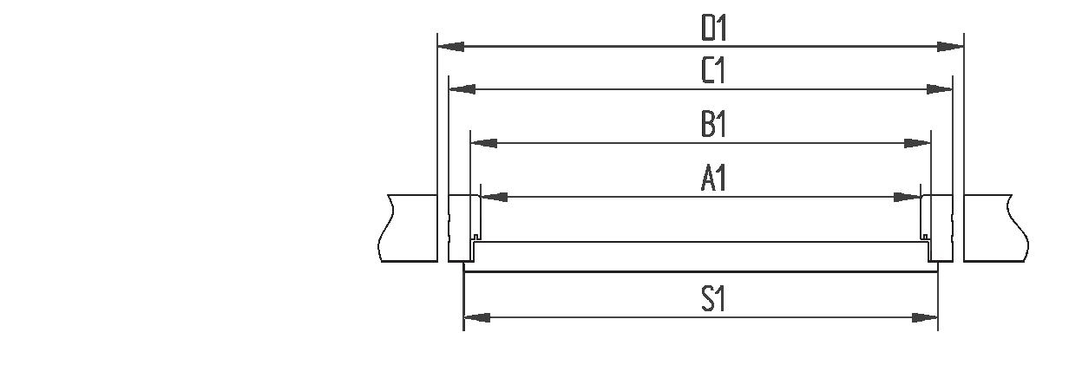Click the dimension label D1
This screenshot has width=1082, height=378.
713,29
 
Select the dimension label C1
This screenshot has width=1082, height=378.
713,72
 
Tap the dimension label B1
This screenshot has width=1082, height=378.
713,125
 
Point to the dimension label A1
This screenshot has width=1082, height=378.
713,179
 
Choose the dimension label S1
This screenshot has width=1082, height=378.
713,300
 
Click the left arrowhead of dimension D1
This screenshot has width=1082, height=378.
450,46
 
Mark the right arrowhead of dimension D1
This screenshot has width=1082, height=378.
951,46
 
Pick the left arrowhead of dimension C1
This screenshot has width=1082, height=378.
462,88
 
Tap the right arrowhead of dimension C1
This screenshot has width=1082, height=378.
940,88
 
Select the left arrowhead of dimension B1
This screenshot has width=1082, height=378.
483,142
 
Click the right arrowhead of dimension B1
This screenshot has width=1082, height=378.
918,142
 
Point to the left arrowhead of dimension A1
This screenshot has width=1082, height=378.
494,198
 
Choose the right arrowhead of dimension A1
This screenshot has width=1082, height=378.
908,198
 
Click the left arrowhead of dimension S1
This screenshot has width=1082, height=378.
477,318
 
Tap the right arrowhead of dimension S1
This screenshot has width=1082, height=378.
925,318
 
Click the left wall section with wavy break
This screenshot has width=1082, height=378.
409,227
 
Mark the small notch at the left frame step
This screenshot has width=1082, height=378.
476,238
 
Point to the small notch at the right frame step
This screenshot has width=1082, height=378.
925,238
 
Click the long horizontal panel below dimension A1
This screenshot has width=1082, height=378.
701,251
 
